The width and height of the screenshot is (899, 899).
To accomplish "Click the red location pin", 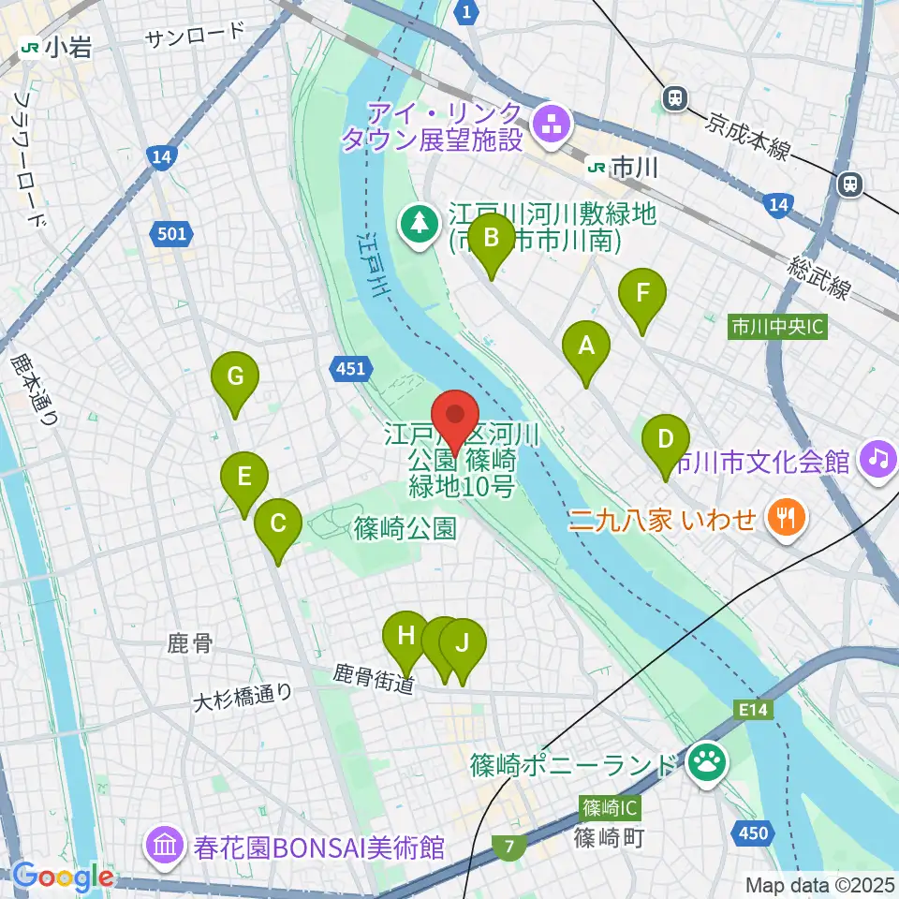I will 456,419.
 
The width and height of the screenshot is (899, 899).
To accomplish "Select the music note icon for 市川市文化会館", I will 879,458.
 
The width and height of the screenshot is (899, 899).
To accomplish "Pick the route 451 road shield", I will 349,370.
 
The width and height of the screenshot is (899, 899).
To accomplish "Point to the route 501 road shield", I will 172,234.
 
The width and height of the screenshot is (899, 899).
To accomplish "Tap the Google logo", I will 63,876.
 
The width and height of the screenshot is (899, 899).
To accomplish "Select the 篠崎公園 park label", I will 405,529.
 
